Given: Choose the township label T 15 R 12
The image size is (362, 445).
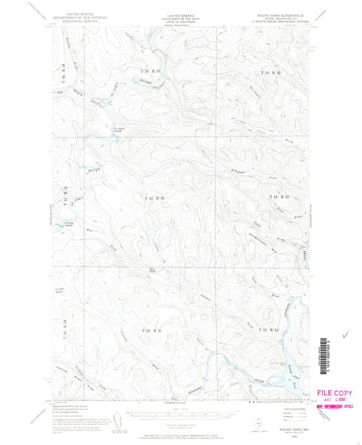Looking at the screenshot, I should click(x=272, y=73).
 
